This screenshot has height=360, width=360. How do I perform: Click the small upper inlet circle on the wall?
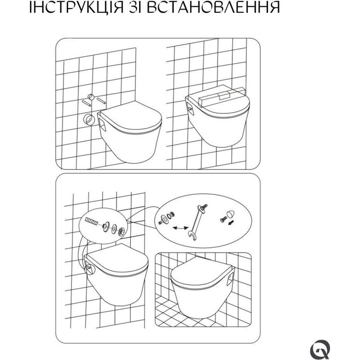tap(91, 97)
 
